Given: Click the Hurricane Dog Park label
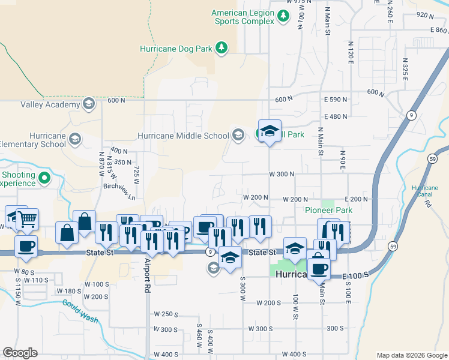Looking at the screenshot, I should point(177,47).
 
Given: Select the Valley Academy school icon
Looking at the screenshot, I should point(89,104).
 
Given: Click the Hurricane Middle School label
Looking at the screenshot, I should point(183,136).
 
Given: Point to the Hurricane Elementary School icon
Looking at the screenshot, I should point(75,140).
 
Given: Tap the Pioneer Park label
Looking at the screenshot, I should point(328,211).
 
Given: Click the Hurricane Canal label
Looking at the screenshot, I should point(424,191).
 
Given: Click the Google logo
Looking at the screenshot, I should point(20,353).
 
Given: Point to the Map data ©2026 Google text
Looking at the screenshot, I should point(411,355).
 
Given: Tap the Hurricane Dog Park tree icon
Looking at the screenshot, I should point(221,47).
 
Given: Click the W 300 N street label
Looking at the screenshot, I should point(282,174).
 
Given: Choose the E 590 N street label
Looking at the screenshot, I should point(336,99).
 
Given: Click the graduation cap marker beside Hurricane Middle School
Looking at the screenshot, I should point(270,131).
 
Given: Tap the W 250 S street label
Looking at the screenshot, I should point(167,314).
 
